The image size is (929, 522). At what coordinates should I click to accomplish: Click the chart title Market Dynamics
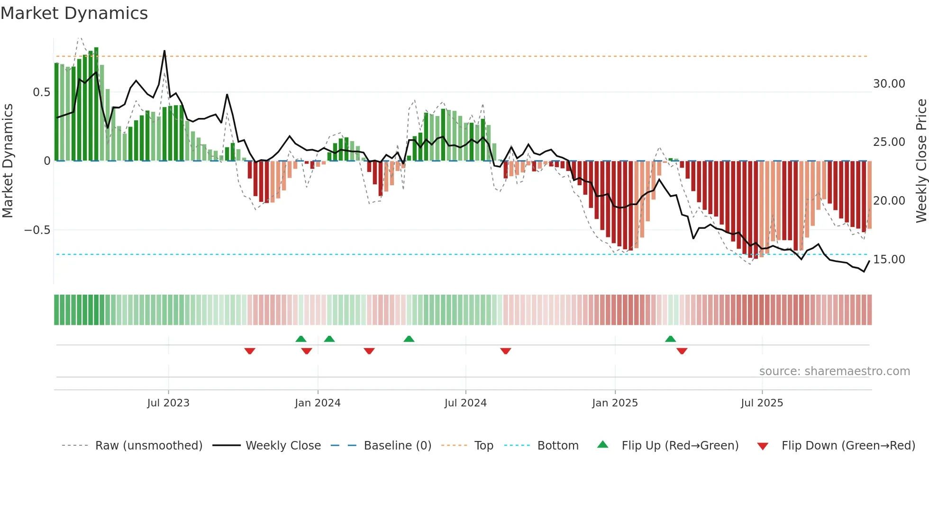74,13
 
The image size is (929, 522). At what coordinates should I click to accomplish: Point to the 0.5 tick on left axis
41,92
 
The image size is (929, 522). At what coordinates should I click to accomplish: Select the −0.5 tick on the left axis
37,230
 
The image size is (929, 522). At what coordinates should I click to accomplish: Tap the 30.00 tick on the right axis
889,84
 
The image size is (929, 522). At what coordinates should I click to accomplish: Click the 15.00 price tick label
889,260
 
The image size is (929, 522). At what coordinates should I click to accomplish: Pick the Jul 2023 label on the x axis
168,403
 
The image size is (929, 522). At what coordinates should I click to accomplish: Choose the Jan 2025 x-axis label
615,403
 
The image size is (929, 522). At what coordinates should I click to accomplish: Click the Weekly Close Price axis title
921,161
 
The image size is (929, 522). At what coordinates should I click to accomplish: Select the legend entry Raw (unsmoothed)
148,446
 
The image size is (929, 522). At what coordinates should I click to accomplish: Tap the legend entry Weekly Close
283,446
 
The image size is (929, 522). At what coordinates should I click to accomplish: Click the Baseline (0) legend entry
397,446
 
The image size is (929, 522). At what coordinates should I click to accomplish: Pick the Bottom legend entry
557,446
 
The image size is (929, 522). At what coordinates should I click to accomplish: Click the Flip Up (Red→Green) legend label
680,446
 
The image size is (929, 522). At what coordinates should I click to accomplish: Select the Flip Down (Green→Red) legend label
848,446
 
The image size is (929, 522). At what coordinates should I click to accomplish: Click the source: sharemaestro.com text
834,371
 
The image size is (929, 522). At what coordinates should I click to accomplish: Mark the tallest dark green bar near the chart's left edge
96,104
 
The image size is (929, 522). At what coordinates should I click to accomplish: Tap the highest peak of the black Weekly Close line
164,51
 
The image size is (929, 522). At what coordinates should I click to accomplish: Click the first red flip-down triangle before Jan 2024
250,351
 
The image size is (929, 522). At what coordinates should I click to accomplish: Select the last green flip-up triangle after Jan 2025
670,339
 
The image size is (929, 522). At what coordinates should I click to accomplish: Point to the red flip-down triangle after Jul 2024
506,351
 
